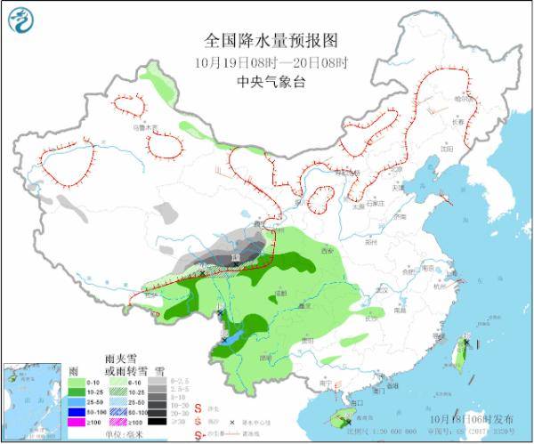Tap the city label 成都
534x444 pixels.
click(x=282, y=291)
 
